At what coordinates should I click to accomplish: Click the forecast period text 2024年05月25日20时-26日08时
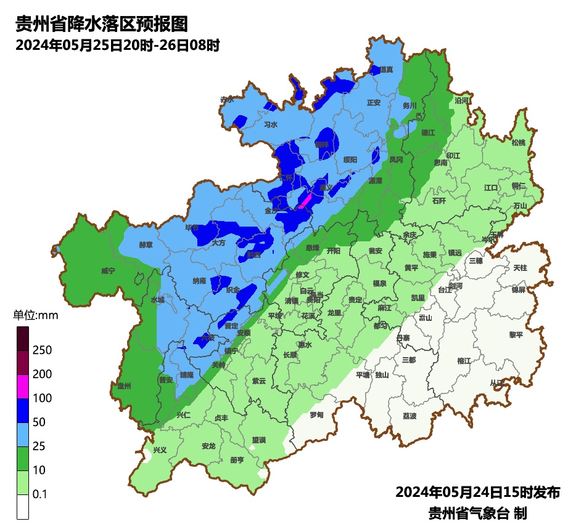tap(118, 45)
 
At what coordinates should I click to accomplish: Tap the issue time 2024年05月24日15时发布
tap(477, 492)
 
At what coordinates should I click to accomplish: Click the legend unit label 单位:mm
tap(35, 316)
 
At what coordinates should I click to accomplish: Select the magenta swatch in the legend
tap(23, 386)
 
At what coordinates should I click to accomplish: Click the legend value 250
tap(42, 350)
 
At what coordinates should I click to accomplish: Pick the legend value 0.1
tap(40, 494)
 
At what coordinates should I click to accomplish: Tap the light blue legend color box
tap(23, 434)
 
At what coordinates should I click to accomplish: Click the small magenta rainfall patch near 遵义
tap(305, 201)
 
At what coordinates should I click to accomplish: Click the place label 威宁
tap(108, 270)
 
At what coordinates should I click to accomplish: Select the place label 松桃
tap(519, 143)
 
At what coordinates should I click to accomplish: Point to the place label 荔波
tap(410, 416)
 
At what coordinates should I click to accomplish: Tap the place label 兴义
tap(160, 450)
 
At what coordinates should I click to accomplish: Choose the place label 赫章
tap(146, 244)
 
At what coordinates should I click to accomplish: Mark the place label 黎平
tap(516, 334)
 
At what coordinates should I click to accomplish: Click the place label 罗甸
tap(316, 415)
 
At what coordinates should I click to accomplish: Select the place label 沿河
tap(461, 100)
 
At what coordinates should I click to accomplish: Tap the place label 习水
tap(271, 124)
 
